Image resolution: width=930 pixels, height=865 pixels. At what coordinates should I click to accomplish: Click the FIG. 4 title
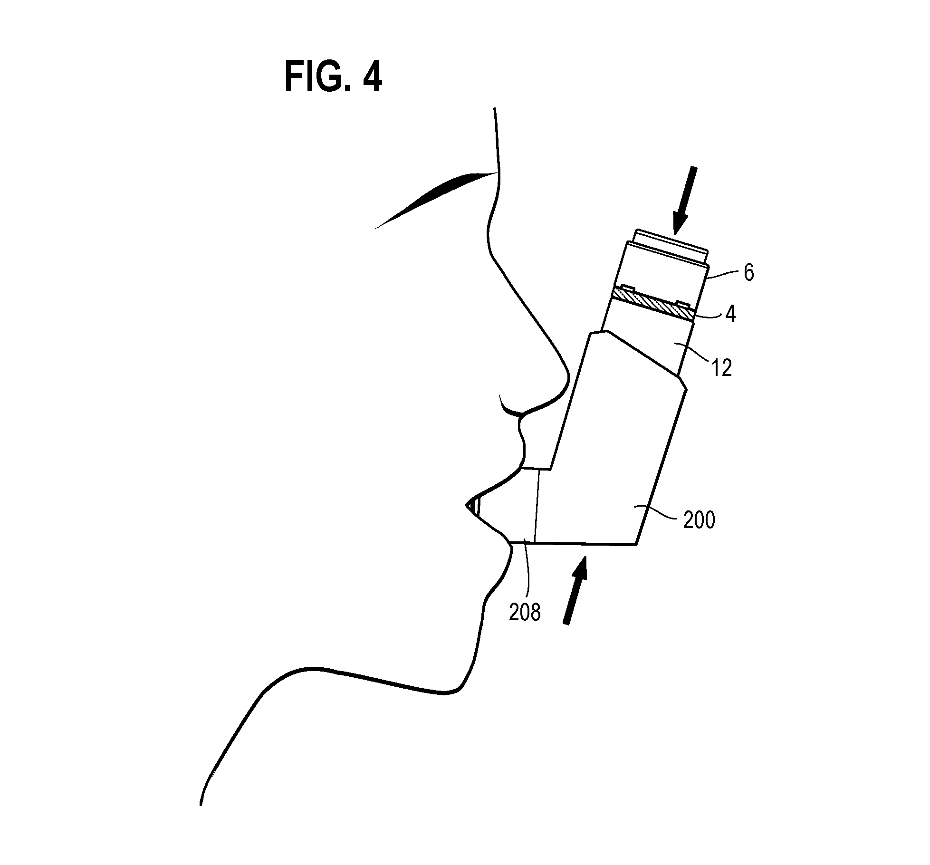coord(333,78)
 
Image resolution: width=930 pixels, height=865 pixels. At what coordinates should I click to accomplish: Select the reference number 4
coord(730,314)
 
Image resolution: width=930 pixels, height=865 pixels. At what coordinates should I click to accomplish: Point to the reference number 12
coord(722,368)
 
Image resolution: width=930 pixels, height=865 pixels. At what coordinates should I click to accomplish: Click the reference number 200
coord(699,520)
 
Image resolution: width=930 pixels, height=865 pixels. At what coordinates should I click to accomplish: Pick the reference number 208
coord(525,613)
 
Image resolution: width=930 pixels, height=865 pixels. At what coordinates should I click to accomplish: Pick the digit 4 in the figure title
coord(372,78)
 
